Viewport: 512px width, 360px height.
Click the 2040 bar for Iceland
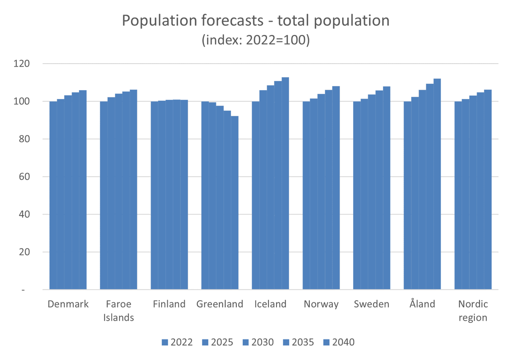pyautogui.click(x=285, y=184)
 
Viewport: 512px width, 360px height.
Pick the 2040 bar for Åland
pyautogui.click(x=437, y=184)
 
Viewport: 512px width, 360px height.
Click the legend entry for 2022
pyautogui.click(x=177, y=342)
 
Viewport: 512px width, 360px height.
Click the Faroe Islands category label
pyautogui.click(x=119, y=310)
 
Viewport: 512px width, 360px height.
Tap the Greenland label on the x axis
pyautogui.click(x=220, y=304)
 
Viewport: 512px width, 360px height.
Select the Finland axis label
pyautogui.click(x=169, y=304)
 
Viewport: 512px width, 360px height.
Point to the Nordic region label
pyautogui.click(x=473, y=310)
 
